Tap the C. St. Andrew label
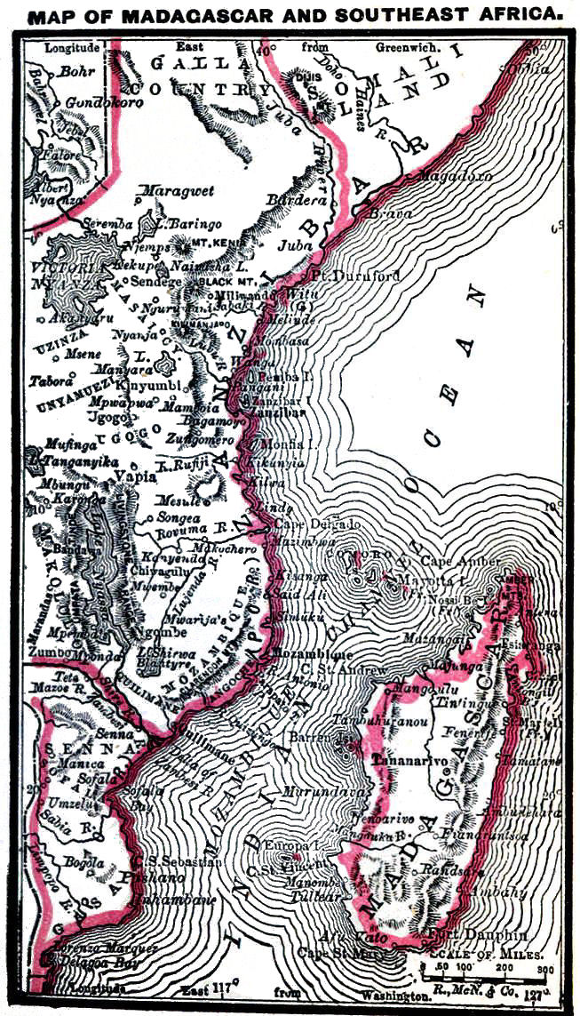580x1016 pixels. click(x=356, y=669)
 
